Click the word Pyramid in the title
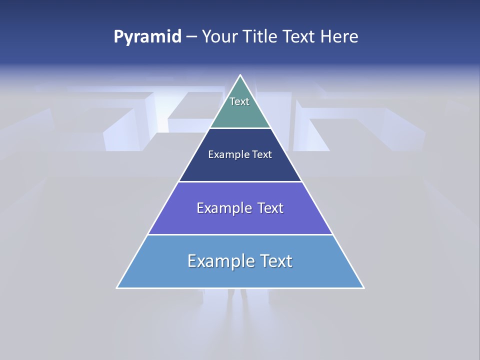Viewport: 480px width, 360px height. (147, 37)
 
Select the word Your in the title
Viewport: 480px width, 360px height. (219, 36)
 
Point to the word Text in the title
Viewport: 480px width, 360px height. (300, 36)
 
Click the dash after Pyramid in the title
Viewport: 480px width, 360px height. (191, 37)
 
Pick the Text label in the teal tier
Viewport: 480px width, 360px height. (239, 101)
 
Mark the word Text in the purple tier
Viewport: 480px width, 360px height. (270, 208)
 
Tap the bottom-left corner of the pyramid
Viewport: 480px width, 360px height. (117, 287)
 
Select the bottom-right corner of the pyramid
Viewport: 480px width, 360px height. (363, 287)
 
